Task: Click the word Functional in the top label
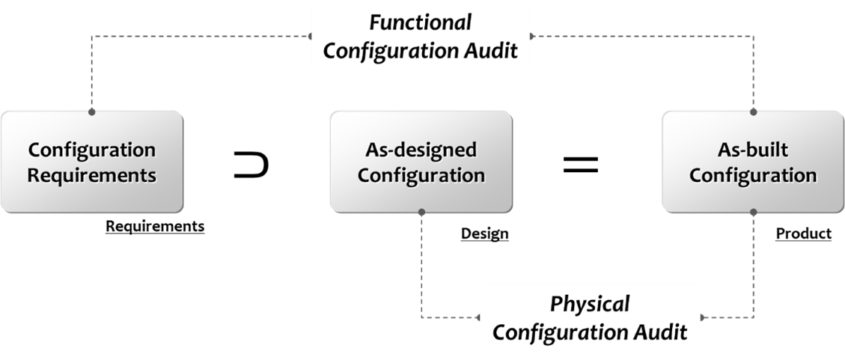point(420,22)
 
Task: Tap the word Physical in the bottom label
point(590,304)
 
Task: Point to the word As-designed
point(421,150)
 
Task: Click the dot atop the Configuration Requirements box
point(92,112)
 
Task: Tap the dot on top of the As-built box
point(753,112)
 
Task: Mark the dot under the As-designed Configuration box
point(421,212)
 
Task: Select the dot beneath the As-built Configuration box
point(753,212)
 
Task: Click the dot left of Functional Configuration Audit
point(311,36)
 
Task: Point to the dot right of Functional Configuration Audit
point(531,36)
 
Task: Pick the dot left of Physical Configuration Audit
point(479,317)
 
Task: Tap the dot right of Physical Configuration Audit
point(701,317)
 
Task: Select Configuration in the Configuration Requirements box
point(92,150)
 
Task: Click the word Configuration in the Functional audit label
point(394,52)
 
